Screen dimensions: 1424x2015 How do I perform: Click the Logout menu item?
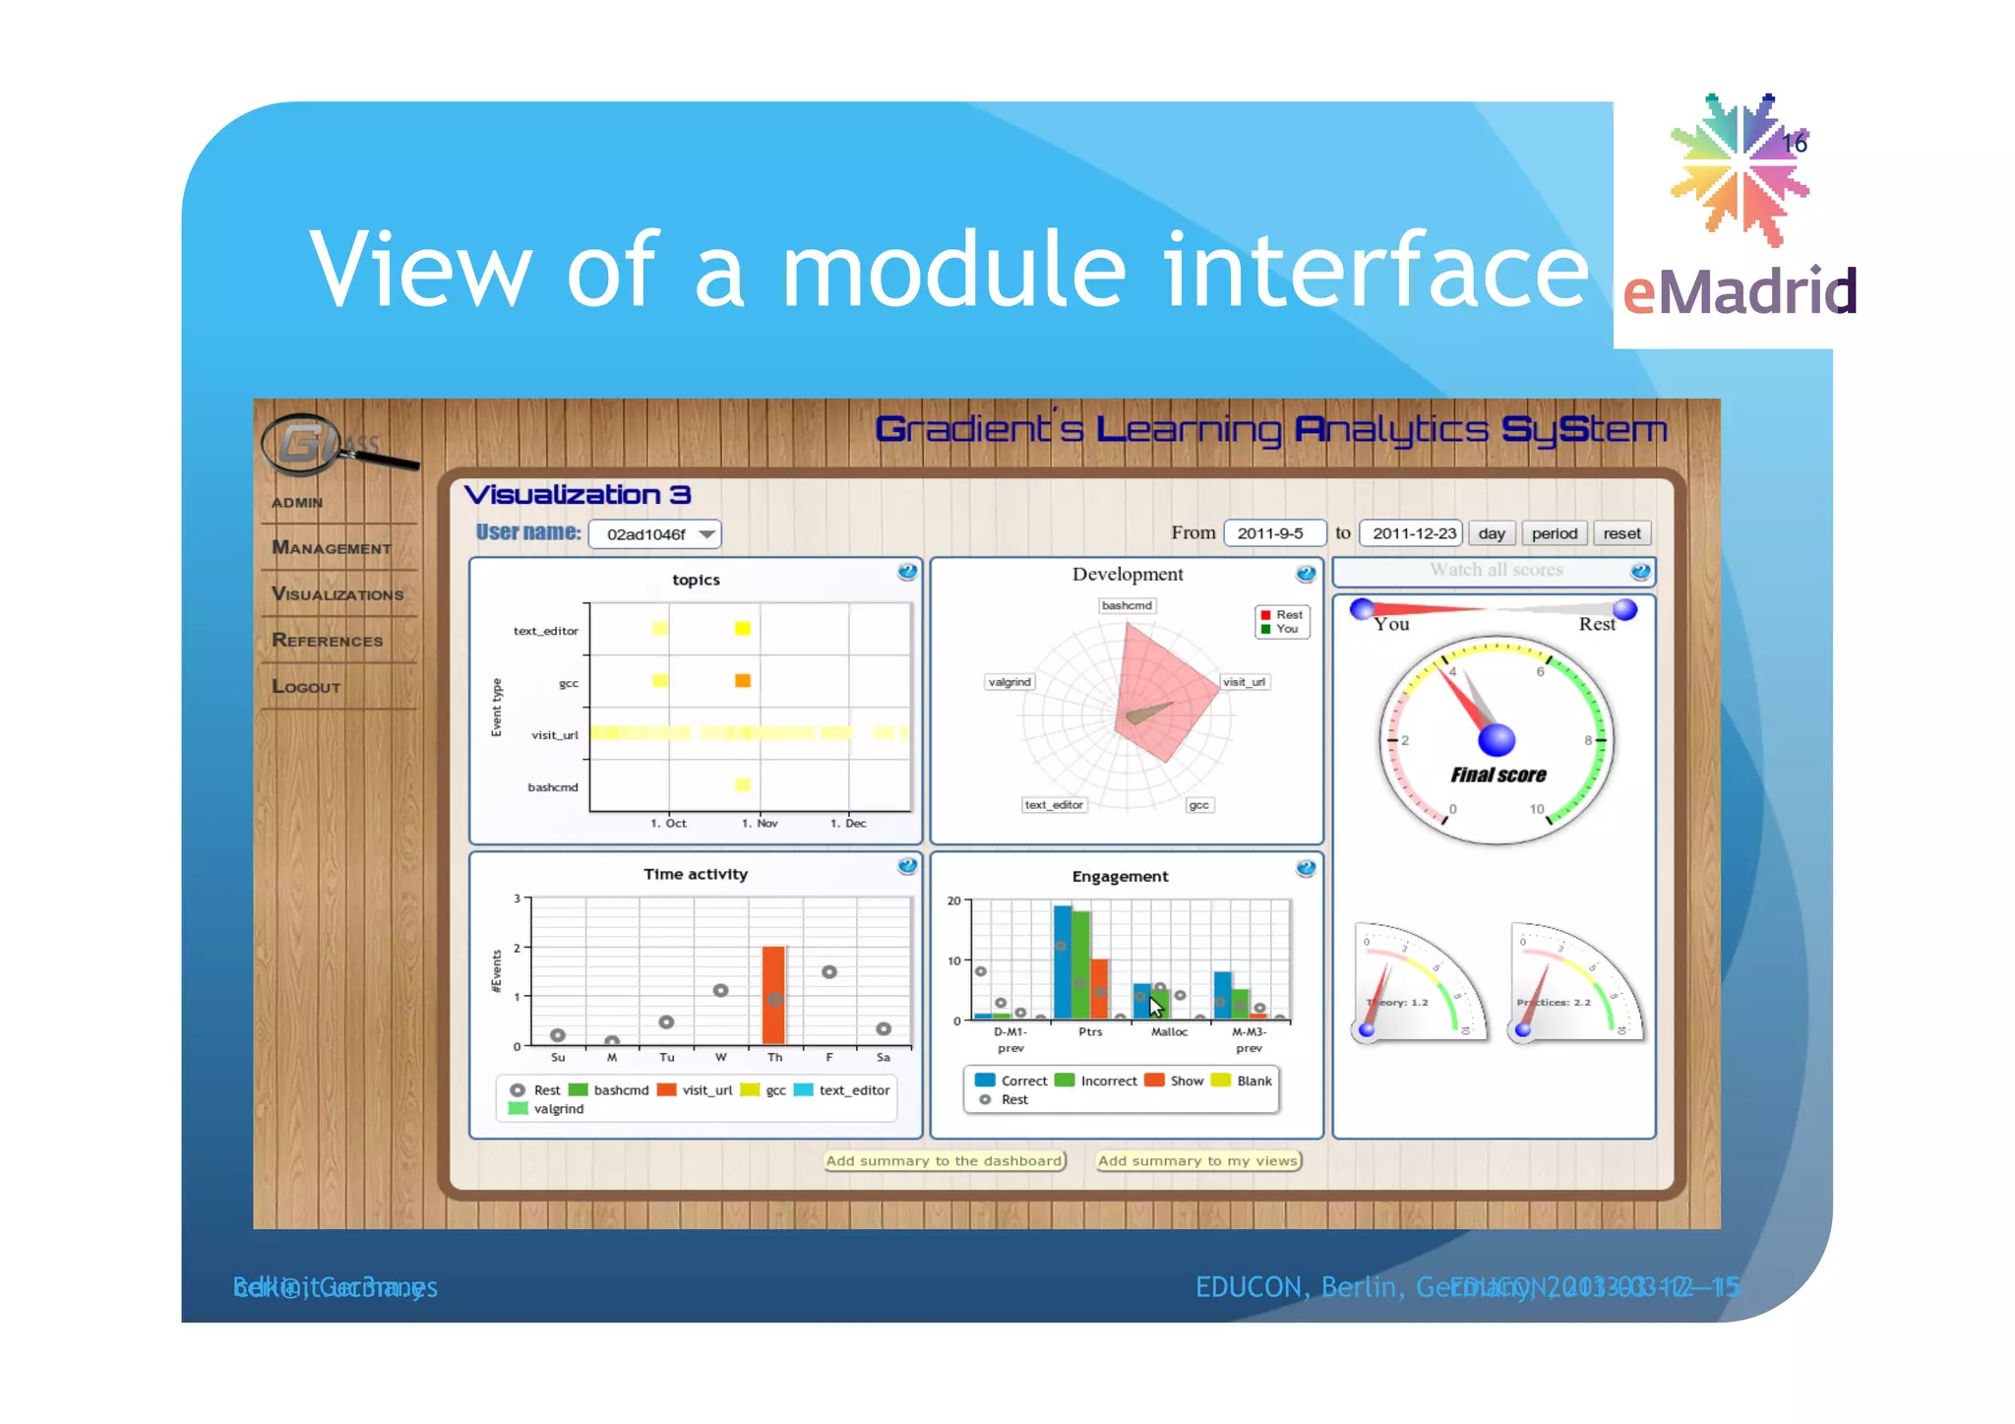306,687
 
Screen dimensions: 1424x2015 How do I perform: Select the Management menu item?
332,547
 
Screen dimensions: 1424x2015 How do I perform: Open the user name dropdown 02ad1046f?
654,533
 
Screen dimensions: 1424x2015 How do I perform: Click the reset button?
1621,533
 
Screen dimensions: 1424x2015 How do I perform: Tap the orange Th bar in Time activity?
774,995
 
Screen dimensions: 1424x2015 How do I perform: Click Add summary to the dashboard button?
945,1161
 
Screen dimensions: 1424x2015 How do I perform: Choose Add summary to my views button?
1198,1161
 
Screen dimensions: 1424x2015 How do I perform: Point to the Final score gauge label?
1497,775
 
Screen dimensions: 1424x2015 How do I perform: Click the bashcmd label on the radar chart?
1127,605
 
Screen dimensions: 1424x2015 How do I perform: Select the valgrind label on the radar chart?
1009,681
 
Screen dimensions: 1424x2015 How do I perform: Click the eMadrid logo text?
1740,292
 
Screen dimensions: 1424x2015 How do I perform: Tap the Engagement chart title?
1120,876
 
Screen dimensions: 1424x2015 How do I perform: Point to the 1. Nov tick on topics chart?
760,824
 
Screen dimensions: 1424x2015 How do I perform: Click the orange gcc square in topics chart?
743,681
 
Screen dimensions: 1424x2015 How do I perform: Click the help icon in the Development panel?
1306,574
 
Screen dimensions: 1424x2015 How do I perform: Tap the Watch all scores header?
1496,570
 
